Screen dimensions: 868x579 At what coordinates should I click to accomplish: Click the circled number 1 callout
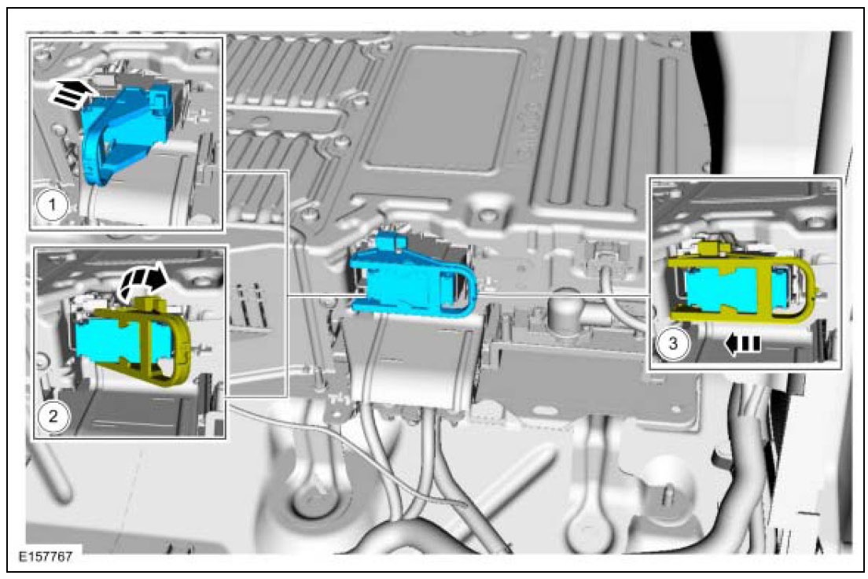(x=53, y=205)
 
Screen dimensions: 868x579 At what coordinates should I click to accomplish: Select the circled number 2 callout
(x=53, y=415)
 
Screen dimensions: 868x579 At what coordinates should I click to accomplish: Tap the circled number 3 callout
(x=672, y=343)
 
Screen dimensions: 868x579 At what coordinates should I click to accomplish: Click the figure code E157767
(x=46, y=556)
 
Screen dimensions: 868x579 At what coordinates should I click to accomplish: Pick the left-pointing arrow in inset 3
(x=742, y=344)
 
